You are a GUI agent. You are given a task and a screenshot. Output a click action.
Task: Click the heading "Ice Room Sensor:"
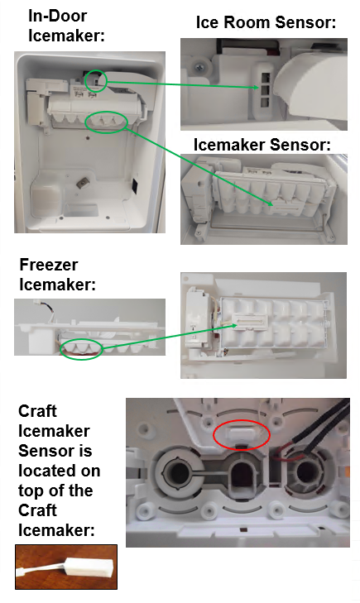[266, 22]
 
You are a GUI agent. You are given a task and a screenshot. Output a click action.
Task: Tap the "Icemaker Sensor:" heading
[262, 145]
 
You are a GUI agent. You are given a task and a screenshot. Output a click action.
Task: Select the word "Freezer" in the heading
[49, 265]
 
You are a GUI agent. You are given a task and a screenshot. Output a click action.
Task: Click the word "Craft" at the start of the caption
[37, 411]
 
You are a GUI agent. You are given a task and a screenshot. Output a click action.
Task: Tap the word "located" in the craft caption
[60, 471]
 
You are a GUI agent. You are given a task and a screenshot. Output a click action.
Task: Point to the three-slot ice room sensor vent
[265, 91]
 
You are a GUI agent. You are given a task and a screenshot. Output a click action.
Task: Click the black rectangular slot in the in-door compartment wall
[136, 185]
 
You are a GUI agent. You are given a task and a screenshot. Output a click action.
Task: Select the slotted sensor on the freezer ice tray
[250, 323]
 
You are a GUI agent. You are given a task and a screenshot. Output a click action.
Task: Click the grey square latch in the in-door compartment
[82, 184]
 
